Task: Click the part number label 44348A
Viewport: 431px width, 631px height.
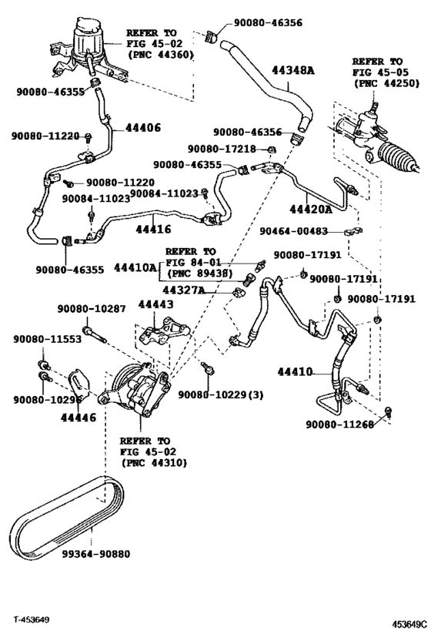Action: pos(293,70)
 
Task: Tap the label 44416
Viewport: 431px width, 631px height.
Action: pos(153,229)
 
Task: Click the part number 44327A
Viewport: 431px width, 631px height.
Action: pos(184,290)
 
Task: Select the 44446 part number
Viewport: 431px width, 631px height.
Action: pos(79,418)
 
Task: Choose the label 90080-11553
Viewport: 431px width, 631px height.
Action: pos(47,338)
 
